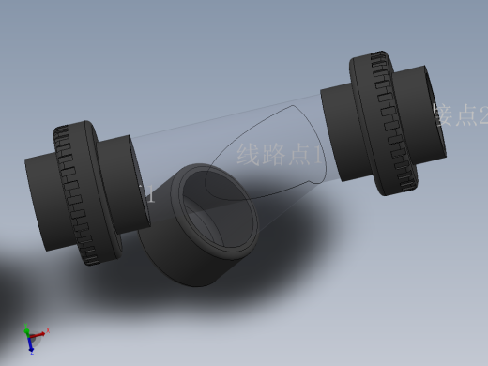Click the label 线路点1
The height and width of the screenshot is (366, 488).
[279, 154]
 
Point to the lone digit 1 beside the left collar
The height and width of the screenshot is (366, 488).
[151, 195]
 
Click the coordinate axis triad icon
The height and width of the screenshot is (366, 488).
[34, 337]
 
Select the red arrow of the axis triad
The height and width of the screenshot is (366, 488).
[43, 331]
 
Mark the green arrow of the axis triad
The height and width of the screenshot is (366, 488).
[27, 330]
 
